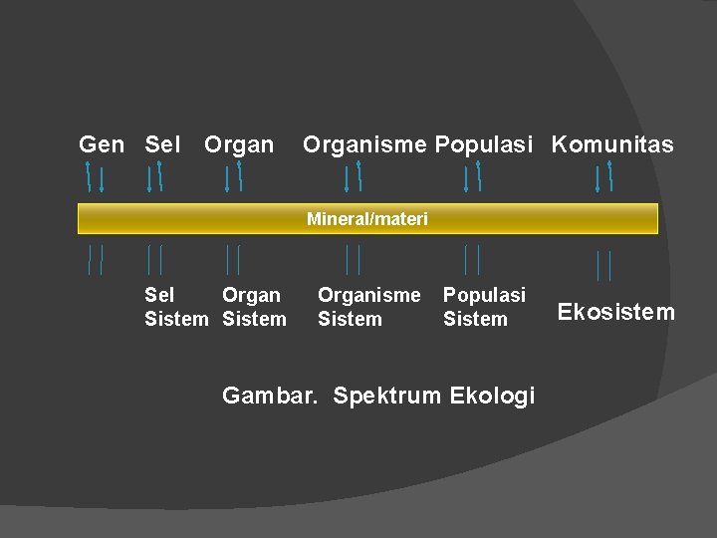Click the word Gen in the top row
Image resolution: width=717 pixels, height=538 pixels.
tap(102, 145)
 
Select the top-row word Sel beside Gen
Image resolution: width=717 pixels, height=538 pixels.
tap(163, 145)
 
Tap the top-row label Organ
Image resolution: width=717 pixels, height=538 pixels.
tap(239, 145)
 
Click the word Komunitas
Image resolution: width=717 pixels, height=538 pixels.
tap(612, 145)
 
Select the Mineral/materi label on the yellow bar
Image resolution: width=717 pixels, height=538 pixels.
tap(367, 219)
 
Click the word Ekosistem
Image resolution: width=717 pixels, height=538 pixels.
tap(615, 313)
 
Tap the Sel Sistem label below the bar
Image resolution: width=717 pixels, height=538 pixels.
tap(175, 307)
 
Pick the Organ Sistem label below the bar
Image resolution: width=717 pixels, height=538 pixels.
tap(254, 307)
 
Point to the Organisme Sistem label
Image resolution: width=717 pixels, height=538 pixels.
tap(368, 307)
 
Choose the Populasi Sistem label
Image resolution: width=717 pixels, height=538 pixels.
tap(484, 307)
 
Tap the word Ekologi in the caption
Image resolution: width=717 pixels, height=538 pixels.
tap(492, 396)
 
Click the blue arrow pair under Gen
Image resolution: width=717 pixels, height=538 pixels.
tap(95, 177)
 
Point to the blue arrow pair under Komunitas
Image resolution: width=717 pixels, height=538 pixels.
tap(603, 177)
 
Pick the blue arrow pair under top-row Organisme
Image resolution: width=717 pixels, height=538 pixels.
tap(353, 177)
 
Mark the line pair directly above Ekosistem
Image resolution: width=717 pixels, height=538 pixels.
tap(603, 265)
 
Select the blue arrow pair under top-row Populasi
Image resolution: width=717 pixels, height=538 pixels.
tap(472, 177)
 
